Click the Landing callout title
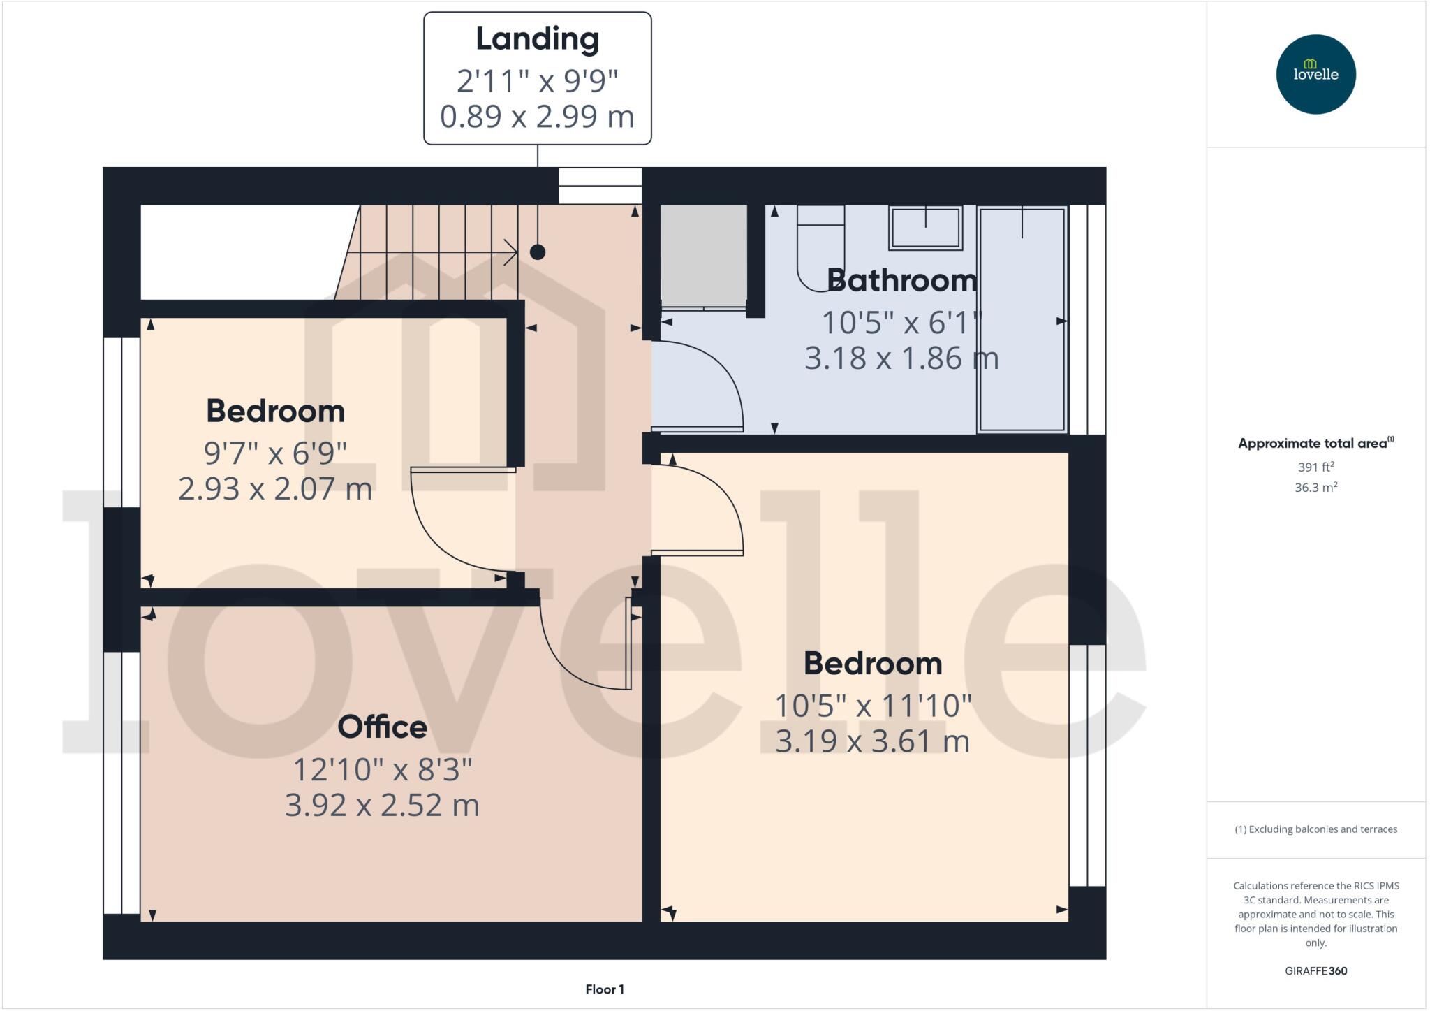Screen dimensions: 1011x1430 click(537, 39)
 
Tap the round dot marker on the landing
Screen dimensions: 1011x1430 click(537, 252)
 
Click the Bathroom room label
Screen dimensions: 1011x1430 click(902, 280)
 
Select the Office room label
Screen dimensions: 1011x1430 click(382, 727)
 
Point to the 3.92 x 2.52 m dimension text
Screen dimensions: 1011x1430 click(382, 806)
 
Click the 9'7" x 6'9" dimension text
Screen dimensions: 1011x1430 click(275, 453)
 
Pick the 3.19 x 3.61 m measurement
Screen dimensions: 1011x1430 click(872, 741)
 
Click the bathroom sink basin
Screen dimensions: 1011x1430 click(925, 228)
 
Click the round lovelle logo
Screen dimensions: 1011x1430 click(1315, 74)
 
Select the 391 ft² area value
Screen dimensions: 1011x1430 click(1315, 467)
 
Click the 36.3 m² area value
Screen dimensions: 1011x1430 click(1315, 488)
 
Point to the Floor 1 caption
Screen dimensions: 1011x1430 click(605, 989)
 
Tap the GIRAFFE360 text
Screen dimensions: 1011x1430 click(1315, 970)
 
